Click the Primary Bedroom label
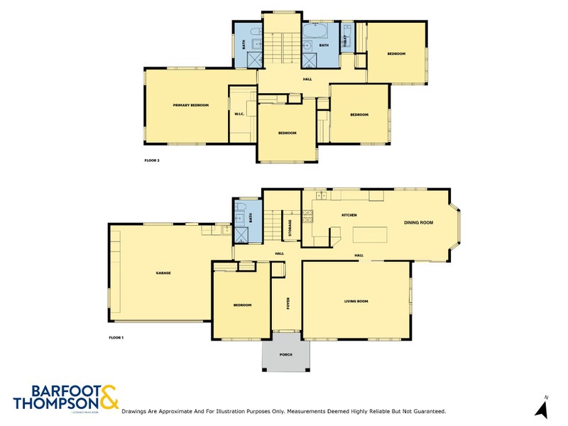(191, 106)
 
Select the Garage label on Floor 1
(163, 273)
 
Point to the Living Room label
(356, 302)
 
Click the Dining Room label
(419, 223)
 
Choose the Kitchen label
(349, 215)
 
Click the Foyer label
(288, 305)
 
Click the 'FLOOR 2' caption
(152, 161)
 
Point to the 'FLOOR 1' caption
(116, 337)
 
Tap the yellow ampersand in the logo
(109, 398)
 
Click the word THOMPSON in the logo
(55, 403)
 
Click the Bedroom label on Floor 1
(243, 305)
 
